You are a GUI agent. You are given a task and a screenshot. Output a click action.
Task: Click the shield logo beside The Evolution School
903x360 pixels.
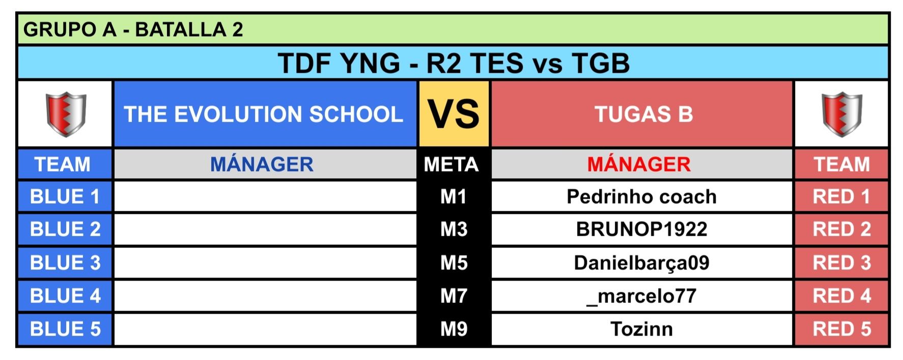pos(66,114)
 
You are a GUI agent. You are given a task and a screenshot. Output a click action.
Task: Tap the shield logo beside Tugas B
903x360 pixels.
pos(842,114)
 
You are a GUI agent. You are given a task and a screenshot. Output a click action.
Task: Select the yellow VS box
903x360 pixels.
pos(454,114)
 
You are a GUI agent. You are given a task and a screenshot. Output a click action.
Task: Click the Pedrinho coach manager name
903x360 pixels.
pos(641,197)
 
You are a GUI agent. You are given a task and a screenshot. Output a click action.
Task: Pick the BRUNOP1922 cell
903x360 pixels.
pos(641,229)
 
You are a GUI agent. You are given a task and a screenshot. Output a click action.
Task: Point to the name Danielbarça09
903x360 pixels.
pos(641,263)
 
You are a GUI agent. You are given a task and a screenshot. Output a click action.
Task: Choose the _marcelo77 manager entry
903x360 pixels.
pos(641,296)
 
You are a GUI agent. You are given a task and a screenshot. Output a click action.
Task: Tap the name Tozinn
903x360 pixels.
pos(641,329)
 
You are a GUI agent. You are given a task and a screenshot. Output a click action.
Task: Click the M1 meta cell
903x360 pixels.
pos(454,197)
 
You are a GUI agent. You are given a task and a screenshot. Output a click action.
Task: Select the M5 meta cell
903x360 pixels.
pos(454,263)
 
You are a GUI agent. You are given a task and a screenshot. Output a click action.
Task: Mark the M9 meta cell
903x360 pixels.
pos(454,329)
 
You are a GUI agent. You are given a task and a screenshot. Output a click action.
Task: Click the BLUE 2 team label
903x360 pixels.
pos(65,229)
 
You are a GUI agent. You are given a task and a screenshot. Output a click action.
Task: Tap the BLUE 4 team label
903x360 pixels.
pos(65,296)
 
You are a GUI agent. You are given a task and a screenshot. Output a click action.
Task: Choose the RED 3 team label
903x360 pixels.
pos(842,263)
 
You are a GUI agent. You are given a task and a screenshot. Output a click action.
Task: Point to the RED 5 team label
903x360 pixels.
pos(842,329)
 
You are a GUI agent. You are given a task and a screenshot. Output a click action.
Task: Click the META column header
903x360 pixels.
pos(451,164)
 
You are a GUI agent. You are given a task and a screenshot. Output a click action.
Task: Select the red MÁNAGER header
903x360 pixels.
pos(639,164)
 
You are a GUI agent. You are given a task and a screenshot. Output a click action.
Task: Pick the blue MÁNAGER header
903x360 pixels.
pos(262,164)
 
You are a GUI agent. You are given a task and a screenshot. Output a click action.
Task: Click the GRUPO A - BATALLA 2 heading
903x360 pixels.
pos(133,30)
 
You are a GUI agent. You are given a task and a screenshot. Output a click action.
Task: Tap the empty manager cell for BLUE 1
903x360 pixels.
pos(265,197)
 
